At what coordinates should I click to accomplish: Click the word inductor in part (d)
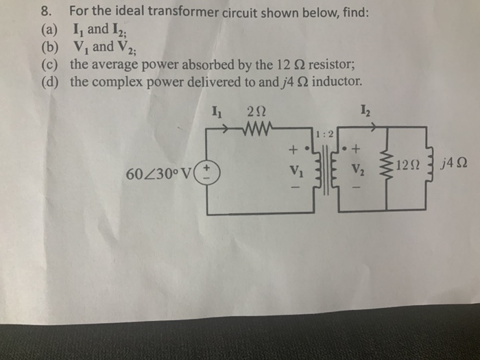(328, 84)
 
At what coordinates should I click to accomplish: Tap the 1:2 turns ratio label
(325, 133)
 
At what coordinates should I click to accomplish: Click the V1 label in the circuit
(296, 169)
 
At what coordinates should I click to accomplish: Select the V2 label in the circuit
(357, 169)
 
